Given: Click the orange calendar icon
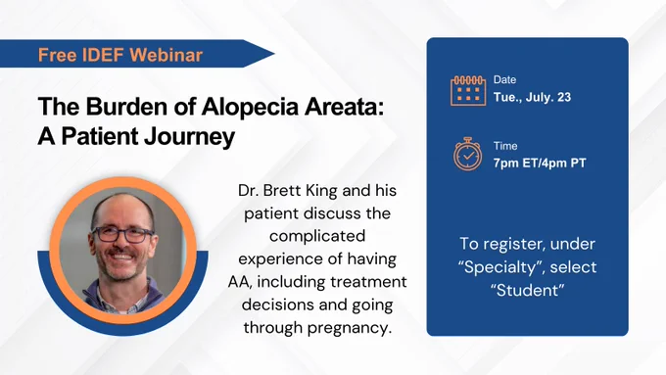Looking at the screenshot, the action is (468, 90).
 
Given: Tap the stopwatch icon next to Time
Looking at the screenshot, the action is (467, 154).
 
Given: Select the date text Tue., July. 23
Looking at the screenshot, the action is (532, 97).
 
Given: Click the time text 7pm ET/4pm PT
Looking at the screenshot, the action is (540, 164).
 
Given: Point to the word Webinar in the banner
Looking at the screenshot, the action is (166, 55).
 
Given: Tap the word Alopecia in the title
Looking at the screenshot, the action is (250, 106).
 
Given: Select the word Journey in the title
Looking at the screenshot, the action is (189, 137).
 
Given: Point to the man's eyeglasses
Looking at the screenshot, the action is (122, 234).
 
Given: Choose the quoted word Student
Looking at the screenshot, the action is (528, 291).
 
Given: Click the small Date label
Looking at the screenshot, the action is (504, 80).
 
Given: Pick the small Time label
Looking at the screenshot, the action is (505, 146).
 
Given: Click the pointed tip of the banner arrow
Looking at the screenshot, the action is (274, 54).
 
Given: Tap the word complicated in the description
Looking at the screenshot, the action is (317, 236).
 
